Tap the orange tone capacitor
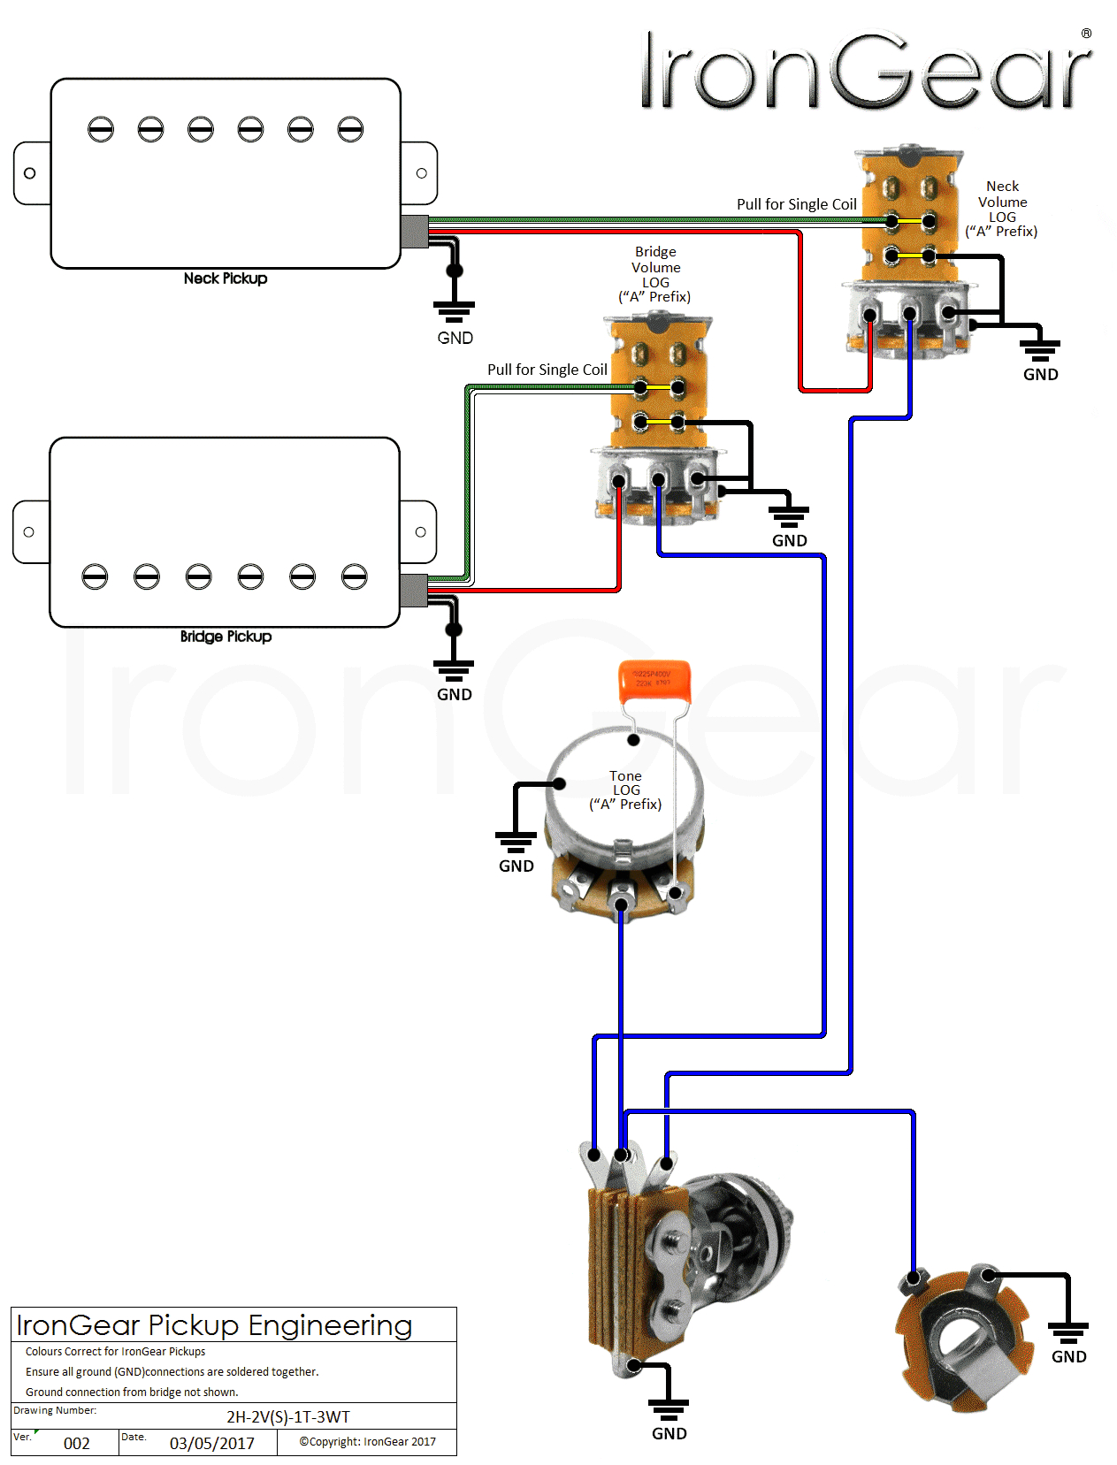tap(654, 681)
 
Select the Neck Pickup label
tap(226, 279)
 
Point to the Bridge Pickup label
tap(226, 637)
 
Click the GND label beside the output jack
tap(1068, 1357)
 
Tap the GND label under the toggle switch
tap(669, 1434)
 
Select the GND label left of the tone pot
tap(516, 866)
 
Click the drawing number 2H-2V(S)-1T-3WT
tap(288, 1417)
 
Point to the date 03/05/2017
tap(212, 1444)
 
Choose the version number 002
tap(77, 1444)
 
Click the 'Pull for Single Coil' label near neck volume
tap(796, 204)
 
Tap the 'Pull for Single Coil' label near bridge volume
tap(547, 370)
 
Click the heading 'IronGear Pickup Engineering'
tap(214, 1325)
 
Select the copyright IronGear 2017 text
tap(367, 1442)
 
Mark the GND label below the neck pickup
tap(455, 338)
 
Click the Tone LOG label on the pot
tap(625, 790)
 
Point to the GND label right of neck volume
tap(1040, 375)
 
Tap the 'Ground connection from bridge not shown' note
tap(132, 1393)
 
